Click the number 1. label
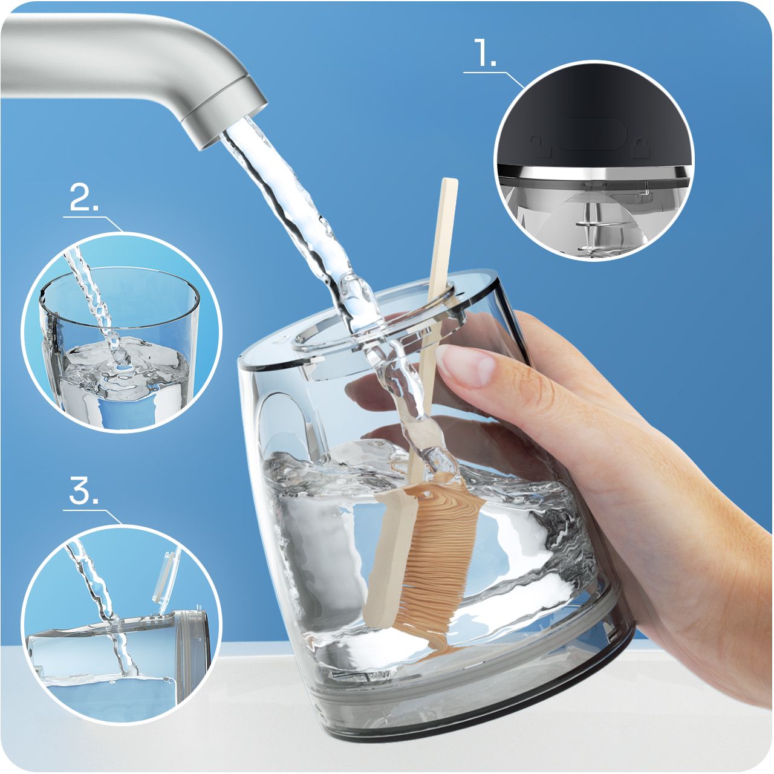coord(486,52)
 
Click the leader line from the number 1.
coord(494,79)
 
